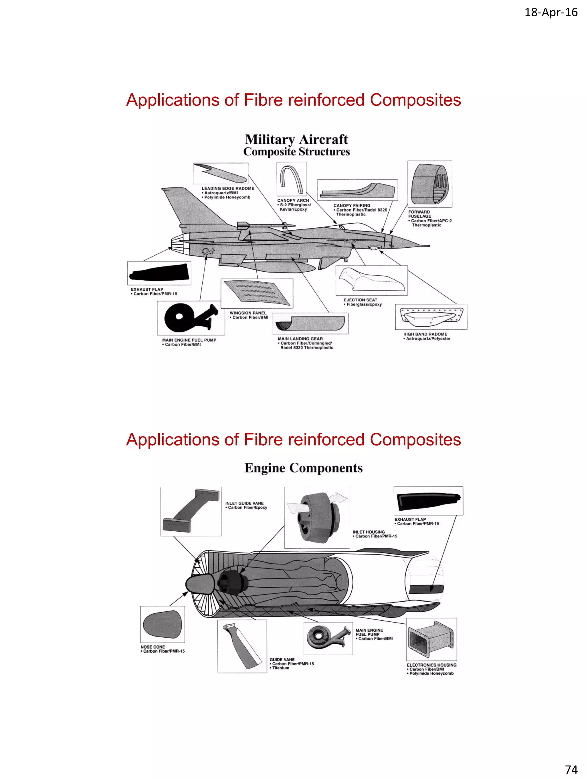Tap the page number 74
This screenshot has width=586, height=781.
(571, 769)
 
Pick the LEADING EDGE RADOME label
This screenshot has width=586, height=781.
(227, 188)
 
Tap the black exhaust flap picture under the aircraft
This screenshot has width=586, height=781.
(159, 273)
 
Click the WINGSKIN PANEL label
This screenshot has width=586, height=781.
(248, 313)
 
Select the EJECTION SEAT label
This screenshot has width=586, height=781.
(360, 300)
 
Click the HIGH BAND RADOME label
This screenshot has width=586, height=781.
(425, 334)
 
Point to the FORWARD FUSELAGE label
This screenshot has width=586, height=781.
(419, 214)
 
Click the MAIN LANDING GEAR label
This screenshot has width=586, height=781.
(300, 339)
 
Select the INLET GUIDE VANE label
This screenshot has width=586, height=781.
(244, 503)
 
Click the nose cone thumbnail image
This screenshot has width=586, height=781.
(162, 624)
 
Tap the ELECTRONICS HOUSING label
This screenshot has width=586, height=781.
(431, 665)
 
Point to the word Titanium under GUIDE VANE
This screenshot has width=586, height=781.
(280, 668)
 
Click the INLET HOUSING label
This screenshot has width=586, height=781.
(369, 532)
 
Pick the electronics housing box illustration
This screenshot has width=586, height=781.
(431, 639)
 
